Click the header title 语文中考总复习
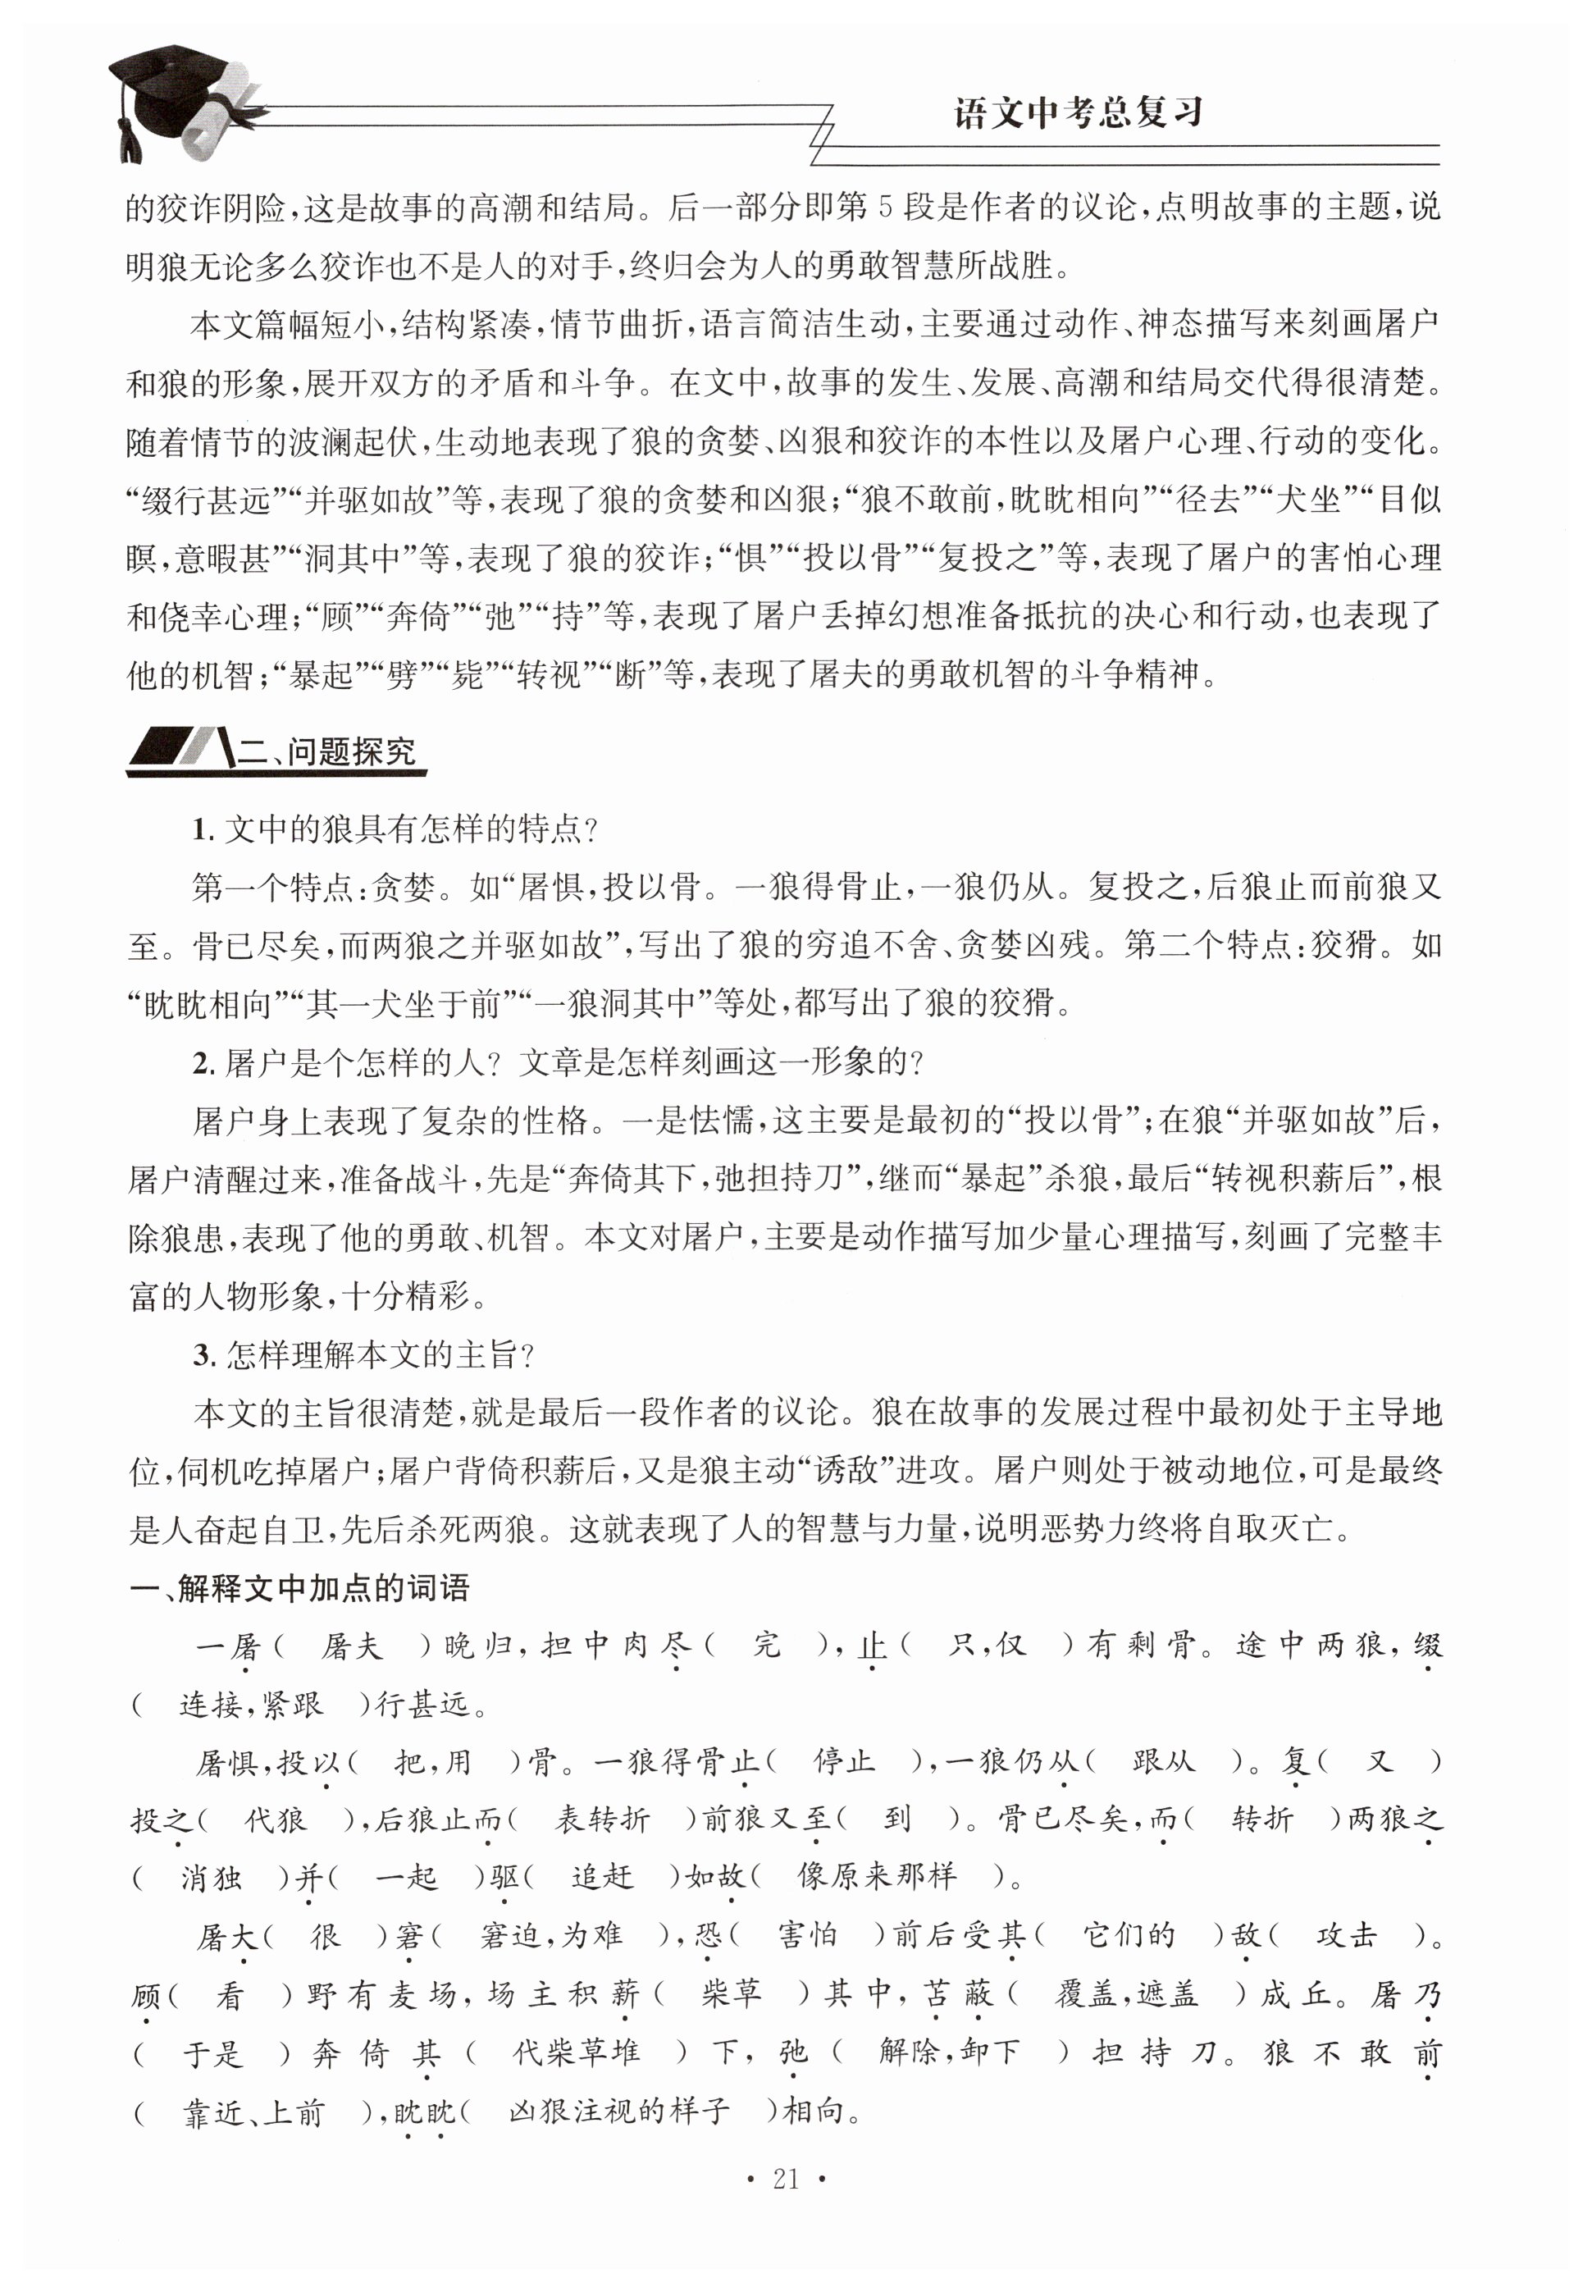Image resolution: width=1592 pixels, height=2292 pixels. click(1077, 112)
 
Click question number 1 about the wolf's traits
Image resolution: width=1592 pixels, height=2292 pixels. click(203, 829)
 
